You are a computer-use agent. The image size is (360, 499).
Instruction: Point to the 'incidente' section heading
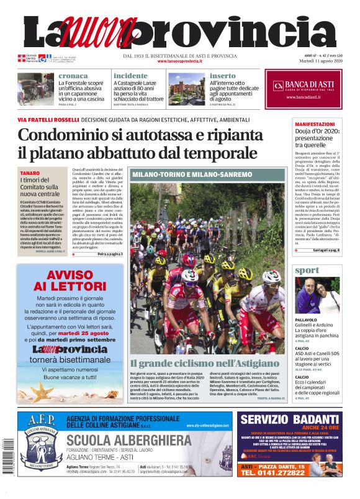[x=130, y=76]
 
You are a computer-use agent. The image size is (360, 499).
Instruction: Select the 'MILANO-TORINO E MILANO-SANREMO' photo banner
[x=192, y=175]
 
